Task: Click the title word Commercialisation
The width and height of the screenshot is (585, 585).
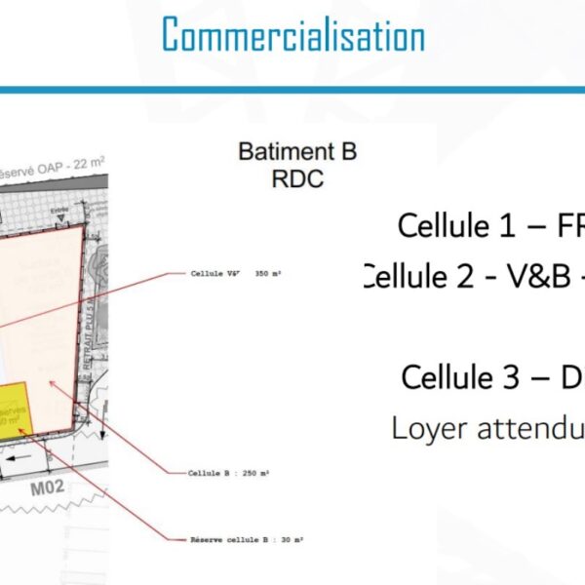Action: tap(292, 36)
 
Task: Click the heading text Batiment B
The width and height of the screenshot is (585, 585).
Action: tap(297, 152)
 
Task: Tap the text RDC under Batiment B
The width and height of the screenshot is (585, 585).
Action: tap(297, 179)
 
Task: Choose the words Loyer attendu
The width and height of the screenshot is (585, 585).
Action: tap(487, 427)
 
